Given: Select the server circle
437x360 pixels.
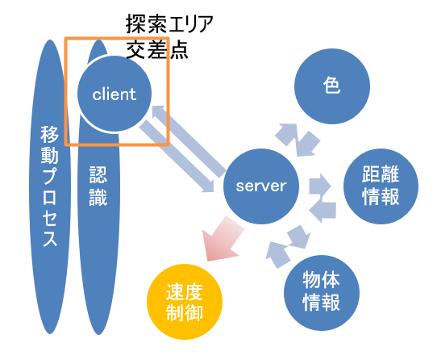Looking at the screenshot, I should [260, 186].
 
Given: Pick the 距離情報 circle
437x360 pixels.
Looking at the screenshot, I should [381, 186].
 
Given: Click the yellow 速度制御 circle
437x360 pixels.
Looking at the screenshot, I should [184, 301].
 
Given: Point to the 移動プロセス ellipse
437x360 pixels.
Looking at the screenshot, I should [49, 186].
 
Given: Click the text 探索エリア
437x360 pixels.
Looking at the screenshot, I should [169, 24].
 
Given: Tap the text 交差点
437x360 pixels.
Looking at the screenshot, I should [157, 51].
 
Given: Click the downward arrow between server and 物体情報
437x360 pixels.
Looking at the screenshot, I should [298, 237].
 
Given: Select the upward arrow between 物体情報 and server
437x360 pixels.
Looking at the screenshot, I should [277, 253].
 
